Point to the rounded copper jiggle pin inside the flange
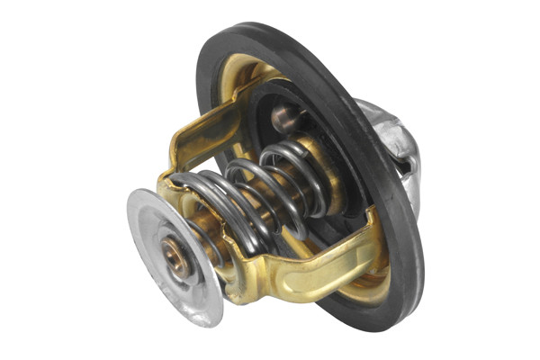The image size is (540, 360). coord(282,116)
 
